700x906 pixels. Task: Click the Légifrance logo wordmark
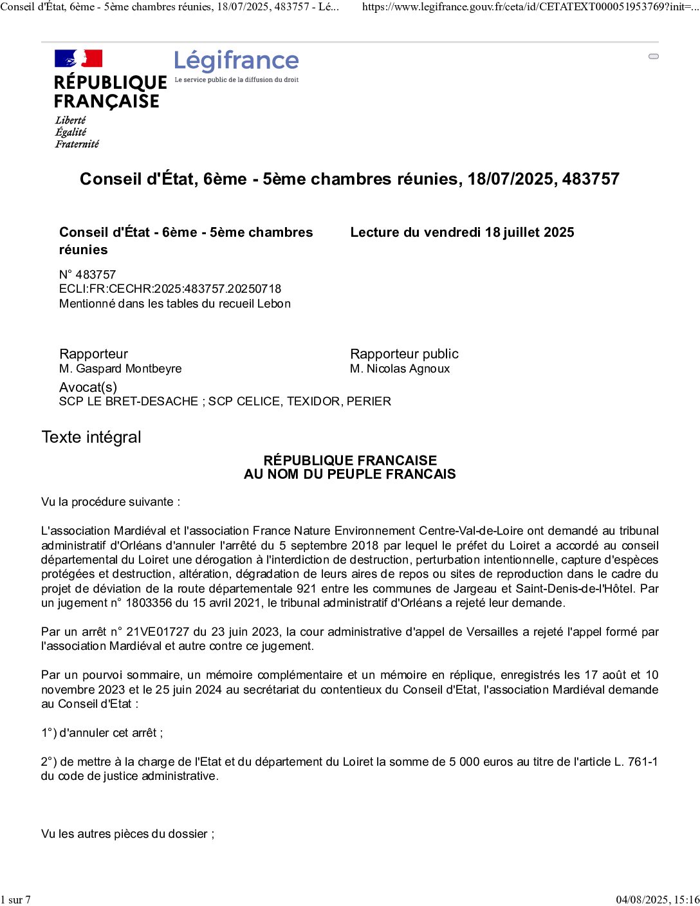click(236, 61)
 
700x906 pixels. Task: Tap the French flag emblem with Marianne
click(78, 59)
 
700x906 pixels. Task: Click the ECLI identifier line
click(170, 289)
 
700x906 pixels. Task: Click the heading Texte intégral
click(91, 438)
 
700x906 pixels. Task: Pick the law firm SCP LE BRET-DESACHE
click(129, 402)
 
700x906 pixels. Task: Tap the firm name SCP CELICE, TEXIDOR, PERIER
click(300, 402)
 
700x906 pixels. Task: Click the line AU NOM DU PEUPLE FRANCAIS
click(349, 474)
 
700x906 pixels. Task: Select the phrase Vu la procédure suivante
click(111, 502)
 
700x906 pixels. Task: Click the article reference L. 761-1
click(636, 762)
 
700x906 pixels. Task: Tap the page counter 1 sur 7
click(15, 900)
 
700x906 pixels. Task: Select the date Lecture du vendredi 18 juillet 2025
click(462, 233)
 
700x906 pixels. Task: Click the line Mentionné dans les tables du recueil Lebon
click(175, 304)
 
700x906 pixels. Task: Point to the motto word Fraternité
click(77, 144)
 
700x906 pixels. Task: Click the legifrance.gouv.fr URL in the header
click(530, 7)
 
